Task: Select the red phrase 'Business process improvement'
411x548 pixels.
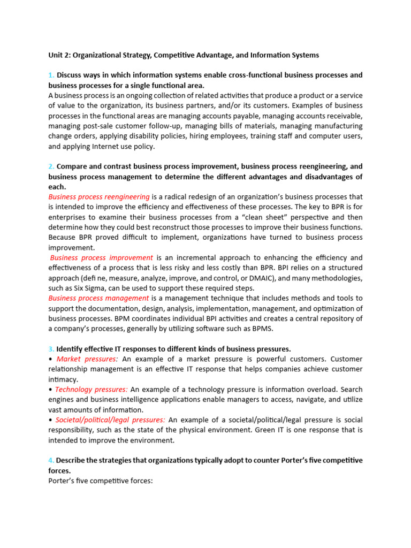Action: click(101, 257)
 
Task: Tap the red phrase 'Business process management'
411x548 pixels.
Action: click(99, 298)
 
